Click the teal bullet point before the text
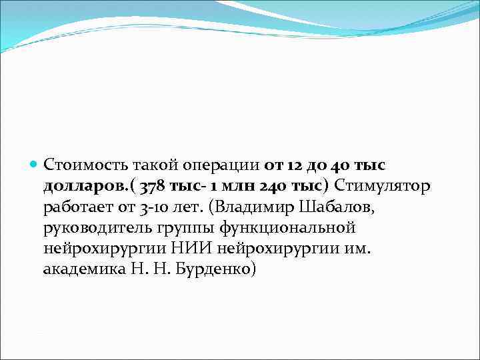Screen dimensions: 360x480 (34, 164)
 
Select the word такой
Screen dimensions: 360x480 (153, 164)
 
